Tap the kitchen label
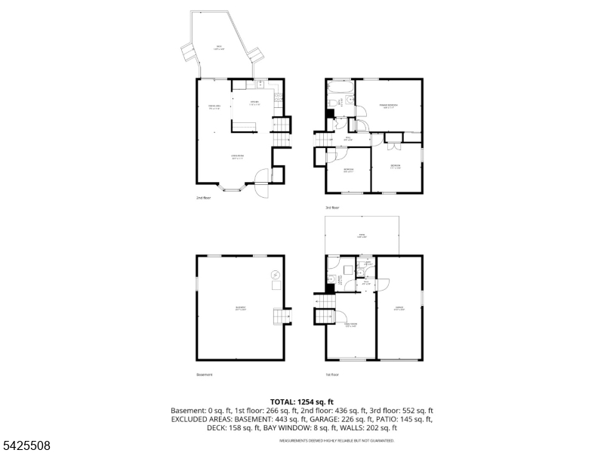(x=256, y=103)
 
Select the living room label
(x=237, y=158)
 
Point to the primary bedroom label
(x=388, y=106)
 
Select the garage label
(x=399, y=308)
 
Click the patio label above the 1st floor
(x=361, y=237)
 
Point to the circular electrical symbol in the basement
(x=276, y=274)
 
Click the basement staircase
(x=282, y=316)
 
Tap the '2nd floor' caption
(x=204, y=198)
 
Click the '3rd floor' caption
(x=333, y=208)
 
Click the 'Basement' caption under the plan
(x=205, y=374)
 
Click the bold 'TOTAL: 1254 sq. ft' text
(x=302, y=402)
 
